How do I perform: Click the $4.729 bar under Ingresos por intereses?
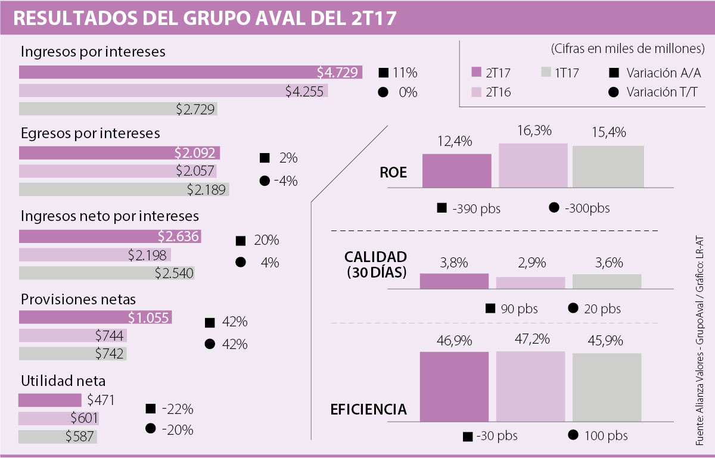(191, 73)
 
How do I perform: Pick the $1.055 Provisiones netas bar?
(95, 317)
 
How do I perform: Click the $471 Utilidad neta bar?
(50, 400)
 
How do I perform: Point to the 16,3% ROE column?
(533, 165)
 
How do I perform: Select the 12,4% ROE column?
(457, 170)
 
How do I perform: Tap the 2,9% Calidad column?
(530, 283)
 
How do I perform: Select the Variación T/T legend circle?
(613, 92)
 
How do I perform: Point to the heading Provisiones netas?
(79, 298)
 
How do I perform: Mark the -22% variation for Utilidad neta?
(176, 409)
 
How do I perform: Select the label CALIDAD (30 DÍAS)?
(375, 265)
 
